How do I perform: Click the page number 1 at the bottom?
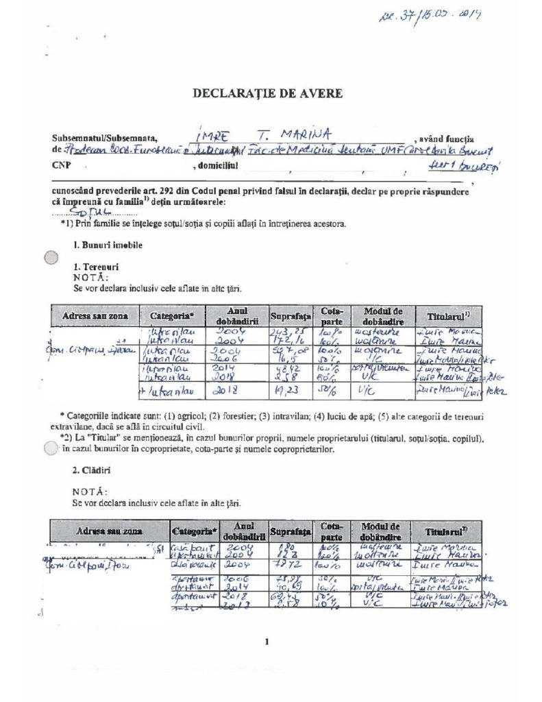(x=264, y=642)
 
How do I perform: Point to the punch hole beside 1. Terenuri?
(x=49, y=258)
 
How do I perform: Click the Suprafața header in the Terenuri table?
(x=291, y=317)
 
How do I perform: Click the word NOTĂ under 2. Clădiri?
(x=90, y=492)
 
